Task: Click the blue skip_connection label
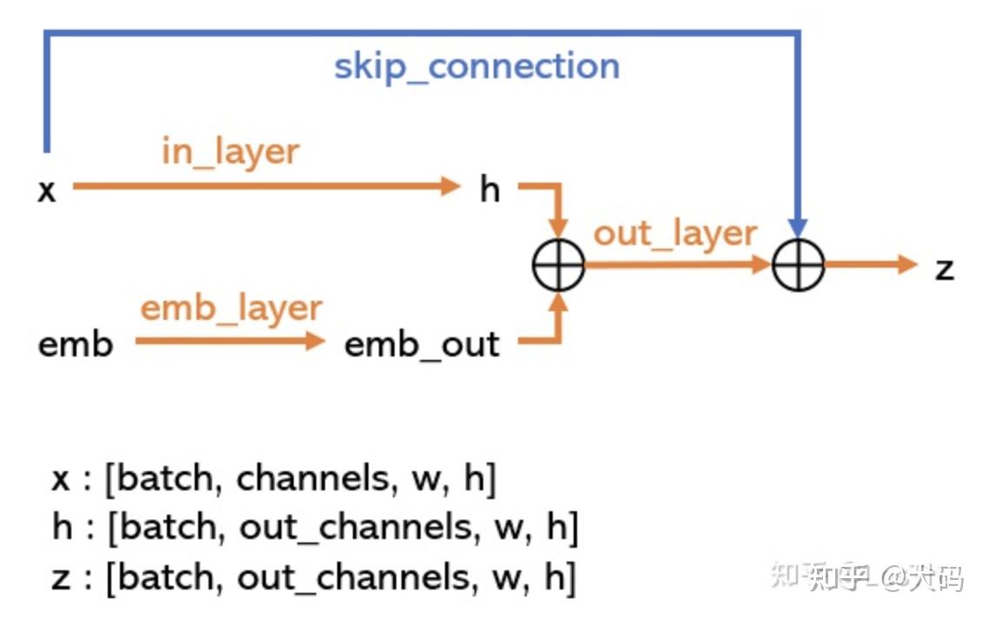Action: [477, 67]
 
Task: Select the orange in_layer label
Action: [230, 151]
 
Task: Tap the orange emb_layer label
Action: [231, 309]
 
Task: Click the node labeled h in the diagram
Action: [490, 189]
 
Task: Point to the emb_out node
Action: [422, 344]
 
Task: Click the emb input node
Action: [76, 344]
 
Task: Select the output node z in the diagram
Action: [944, 268]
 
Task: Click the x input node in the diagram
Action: [47, 190]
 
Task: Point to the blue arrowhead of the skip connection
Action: [798, 228]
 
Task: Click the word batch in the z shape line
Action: [166, 576]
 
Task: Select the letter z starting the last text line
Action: [60, 578]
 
